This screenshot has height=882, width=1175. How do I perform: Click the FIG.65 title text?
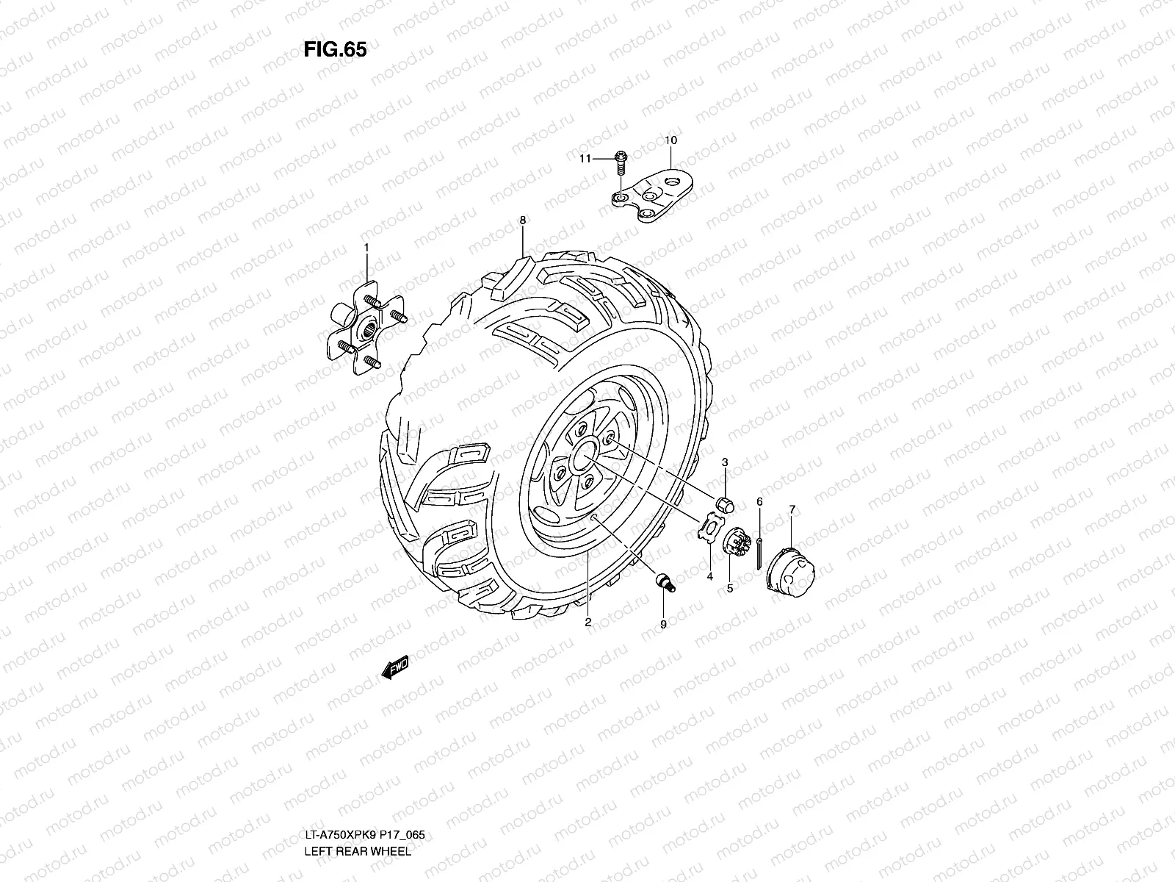[334, 49]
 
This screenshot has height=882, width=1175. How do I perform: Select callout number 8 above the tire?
[522, 220]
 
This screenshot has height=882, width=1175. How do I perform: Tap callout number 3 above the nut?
[725, 462]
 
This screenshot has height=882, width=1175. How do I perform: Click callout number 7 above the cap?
[792, 509]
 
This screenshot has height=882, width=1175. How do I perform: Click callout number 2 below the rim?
[588, 622]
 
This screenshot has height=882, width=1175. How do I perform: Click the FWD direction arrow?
[395, 668]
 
